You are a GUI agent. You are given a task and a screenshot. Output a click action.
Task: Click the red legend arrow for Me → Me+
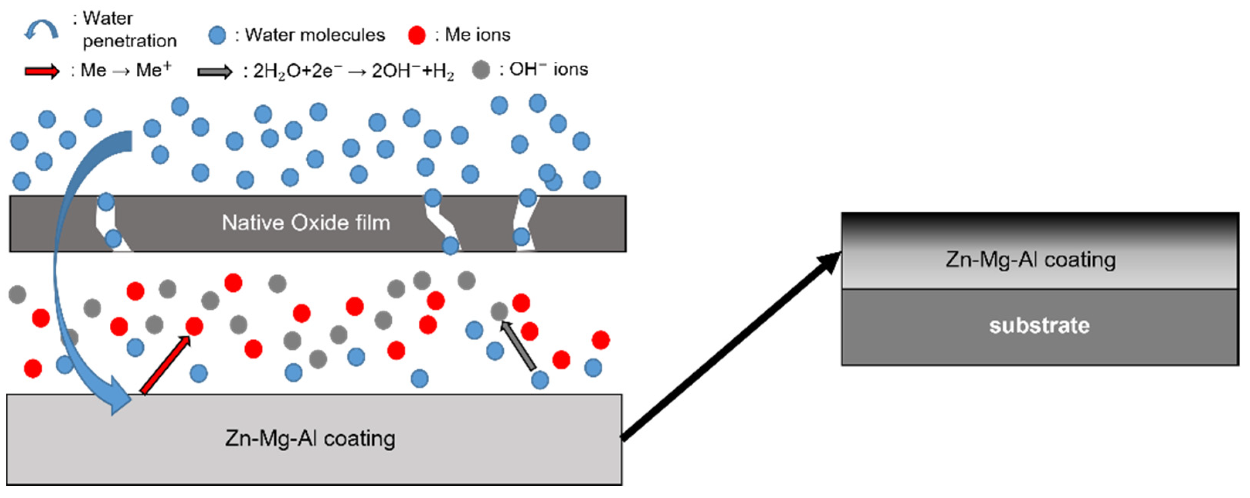tap(42, 72)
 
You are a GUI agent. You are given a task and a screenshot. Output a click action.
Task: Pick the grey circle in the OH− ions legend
tap(481, 70)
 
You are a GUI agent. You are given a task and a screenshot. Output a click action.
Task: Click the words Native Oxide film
tap(306, 223)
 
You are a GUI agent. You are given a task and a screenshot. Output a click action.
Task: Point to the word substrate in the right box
tap(1039, 325)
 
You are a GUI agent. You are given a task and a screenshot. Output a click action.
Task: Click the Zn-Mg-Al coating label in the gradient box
tap(1030, 260)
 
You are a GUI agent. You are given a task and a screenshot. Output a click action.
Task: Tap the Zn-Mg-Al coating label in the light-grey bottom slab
tap(309, 439)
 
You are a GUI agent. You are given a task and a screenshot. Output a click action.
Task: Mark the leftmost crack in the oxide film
tap(110, 223)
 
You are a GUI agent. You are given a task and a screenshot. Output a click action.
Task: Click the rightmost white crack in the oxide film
tap(524, 223)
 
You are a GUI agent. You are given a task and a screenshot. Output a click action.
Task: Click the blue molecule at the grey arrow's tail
tap(540, 380)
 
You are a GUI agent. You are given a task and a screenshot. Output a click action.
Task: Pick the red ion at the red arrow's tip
tap(194, 326)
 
